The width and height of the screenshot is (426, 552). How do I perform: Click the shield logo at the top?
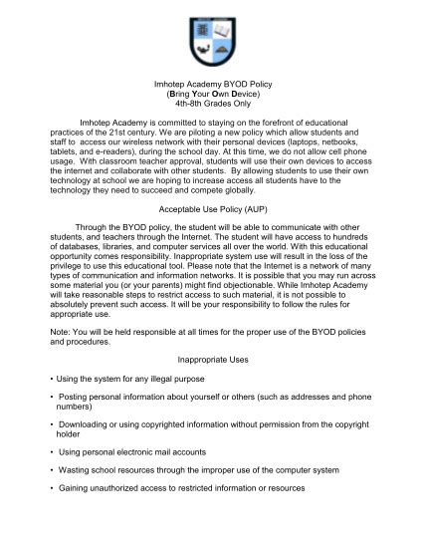(x=211, y=37)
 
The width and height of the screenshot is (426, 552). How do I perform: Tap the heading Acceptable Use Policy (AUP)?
(x=211, y=210)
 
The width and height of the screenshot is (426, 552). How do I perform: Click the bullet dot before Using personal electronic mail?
(x=51, y=452)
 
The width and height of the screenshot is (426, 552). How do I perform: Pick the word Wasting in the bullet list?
(x=77, y=470)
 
